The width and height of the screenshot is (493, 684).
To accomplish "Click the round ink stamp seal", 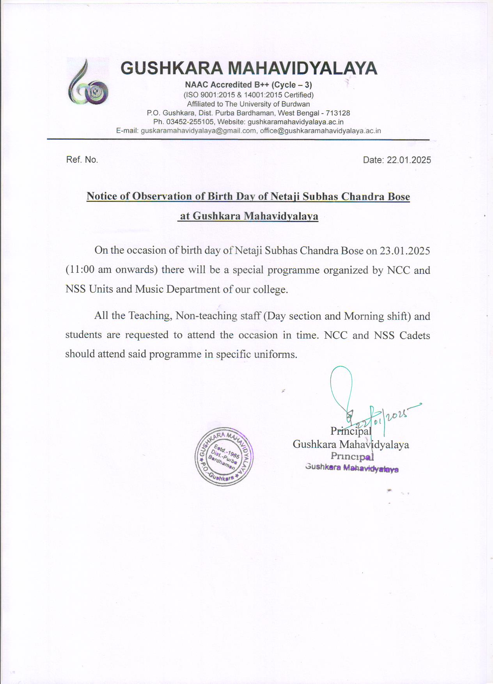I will click(224, 456).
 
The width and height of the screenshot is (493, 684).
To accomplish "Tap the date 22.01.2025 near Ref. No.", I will click(409, 160).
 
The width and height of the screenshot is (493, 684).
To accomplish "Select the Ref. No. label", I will click(82, 160).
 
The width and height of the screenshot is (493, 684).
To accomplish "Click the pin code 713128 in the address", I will click(338, 113).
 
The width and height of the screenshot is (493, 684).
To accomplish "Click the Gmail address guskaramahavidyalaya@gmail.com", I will click(199, 131).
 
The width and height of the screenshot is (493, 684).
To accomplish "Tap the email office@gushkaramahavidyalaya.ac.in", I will click(320, 131).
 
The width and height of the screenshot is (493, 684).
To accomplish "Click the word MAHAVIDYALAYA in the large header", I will click(302, 68).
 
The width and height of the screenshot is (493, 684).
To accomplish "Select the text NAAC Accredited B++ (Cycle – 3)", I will click(248, 85).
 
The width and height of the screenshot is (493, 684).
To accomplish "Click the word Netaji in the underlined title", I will click(285, 196).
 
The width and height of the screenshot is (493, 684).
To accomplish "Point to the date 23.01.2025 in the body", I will click(405, 251).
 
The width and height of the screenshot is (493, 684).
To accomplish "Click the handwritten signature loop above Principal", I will click(341, 384).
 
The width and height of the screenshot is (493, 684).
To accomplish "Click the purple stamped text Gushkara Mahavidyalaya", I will click(352, 468).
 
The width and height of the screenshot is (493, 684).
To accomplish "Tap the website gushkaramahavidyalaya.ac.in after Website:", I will click(296, 122).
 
